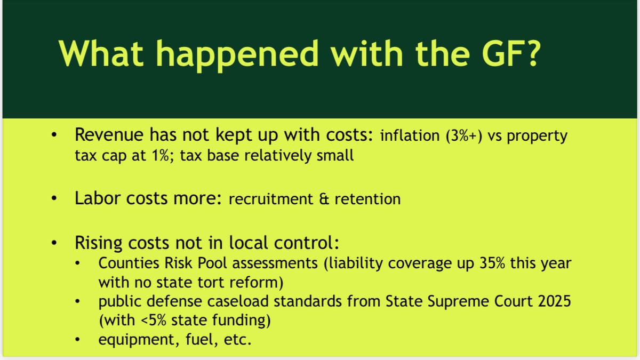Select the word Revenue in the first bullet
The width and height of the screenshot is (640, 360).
click(x=106, y=135)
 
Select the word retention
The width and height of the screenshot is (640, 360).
click(x=367, y=199)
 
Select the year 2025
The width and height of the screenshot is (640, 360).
click(x=551, y=301)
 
